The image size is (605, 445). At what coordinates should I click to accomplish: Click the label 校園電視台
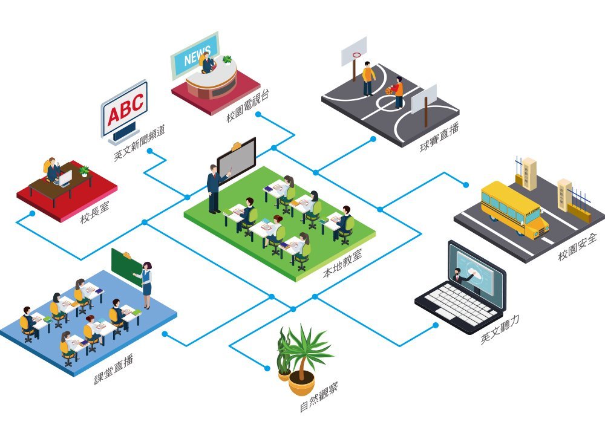[x=247, y=106]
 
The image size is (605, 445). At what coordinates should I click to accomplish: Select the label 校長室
[x=93, y=212]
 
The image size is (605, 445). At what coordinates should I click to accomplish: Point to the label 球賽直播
[x=438, y=138]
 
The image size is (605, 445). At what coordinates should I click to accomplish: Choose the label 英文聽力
[x=500, y=330]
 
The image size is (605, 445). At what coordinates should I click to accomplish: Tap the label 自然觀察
[x=319, y=397]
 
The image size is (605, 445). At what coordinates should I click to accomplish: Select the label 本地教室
[x=342, y=264]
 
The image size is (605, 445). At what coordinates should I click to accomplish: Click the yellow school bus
[x=514, y=207]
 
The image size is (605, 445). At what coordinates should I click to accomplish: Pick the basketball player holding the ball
[x=398, y=93]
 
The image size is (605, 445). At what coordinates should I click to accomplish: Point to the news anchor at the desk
[x=208, y=62]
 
